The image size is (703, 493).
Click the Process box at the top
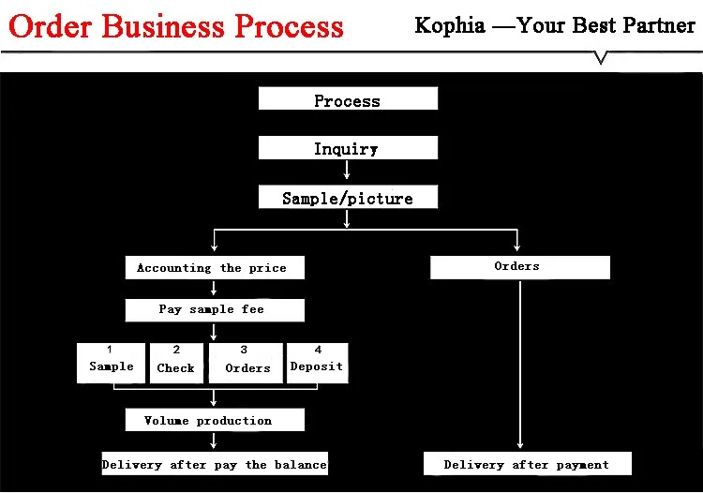click(x=348, y=99)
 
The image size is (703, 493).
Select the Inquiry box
click(x=348, y=148)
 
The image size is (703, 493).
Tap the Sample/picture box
click(x=348, y=197)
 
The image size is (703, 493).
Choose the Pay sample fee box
click(x=216, y=310)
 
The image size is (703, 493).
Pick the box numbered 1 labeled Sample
click(x=112, y=363)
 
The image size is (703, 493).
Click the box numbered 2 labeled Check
click(x=176, y=363)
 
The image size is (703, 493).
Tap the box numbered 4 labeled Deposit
click(x=317, y=363)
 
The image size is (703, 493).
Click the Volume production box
click(x=216, y=420)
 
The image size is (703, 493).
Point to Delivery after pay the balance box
click(x=215, y=464)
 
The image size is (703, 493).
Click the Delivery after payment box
click(x=527, y=464)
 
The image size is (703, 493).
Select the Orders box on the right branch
click(x=519, y=267)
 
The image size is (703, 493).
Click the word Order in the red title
click(x=52, y=25)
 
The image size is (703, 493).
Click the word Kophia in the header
click(x=450, y=24)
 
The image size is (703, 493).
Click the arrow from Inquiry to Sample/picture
click(x=348, y=170)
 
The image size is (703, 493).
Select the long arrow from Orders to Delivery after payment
click(x=519, y=366)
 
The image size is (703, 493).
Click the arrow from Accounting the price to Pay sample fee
click(x=215, y=289)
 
